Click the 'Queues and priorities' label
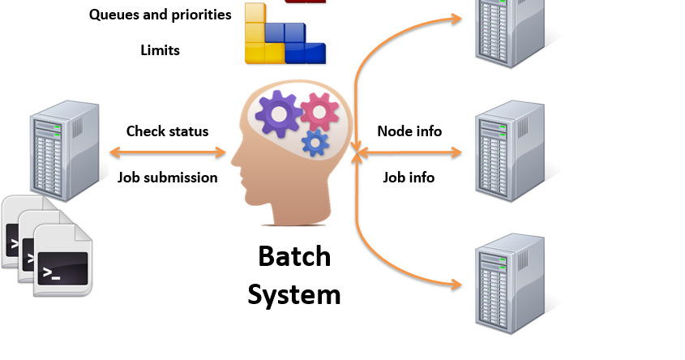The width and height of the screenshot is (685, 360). [x=160, y=15]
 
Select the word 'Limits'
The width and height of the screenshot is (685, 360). [x=160, y=50]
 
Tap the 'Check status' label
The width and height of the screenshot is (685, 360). [x=167, y=131]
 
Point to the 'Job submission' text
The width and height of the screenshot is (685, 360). [x=167, y=177]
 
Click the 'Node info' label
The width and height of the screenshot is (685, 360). [x=409, y=131]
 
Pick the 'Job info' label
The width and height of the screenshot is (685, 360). [x=409, y=177]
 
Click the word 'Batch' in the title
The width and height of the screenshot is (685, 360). [x=294, y=256]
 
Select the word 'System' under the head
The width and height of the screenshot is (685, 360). [x=294, y=294]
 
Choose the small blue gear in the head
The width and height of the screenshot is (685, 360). [x=315, y=143]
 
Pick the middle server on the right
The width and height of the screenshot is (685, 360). [x=509, y=152]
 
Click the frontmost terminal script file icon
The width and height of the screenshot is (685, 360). [x=63, y=260]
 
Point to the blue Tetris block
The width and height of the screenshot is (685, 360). [x=301, y=42]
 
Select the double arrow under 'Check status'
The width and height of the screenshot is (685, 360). [x=167, y=152]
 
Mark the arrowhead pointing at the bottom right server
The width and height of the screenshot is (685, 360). [x=456, y=285]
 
